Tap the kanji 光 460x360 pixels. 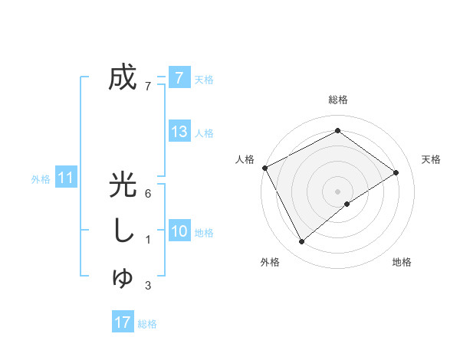pyautogui.click(x=123, y=185)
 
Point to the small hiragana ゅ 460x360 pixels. pyautogui.click(x=123, y=279)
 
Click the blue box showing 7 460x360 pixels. pyautogui.click(x=179, y=77)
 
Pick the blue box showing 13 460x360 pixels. pyautogui.click(x=179, y=132)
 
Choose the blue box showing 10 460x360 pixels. pyautogui.click(x=179, y=231)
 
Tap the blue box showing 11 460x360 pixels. pyautogui.click(x=66, y=178)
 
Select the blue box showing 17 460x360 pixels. pyautogui.click(x=123, y=322)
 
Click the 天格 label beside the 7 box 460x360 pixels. pyautogui.click(x=204, y=79)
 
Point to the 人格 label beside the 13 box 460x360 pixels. pyautogui.click(x=204, y=133)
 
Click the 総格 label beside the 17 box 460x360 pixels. pyautogui.click(x=147, y=324)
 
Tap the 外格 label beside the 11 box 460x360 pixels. pyautogui.click(x=41, y=180)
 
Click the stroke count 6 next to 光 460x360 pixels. pyautogui.click(x=147, y=193)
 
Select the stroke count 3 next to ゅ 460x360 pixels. pyautogui.click(x=147, y=286)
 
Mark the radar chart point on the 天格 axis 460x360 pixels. pyautogui.click(x=396, y=172)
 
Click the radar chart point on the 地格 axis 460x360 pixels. pyautogui.click(x=347, y=204)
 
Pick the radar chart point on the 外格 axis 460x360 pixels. pyautogui.click(x=302, y=242)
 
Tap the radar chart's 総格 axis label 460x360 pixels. pyautogui.click(x=338, y=100)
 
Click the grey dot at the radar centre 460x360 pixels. pyautogui.click(x=338, y=191)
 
